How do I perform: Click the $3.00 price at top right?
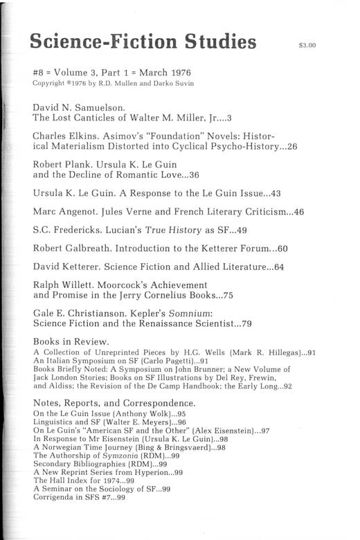(x=307, y=46)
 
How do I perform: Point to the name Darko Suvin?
(x=167, y=84)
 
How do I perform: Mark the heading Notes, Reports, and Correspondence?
(x=115, y=403)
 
